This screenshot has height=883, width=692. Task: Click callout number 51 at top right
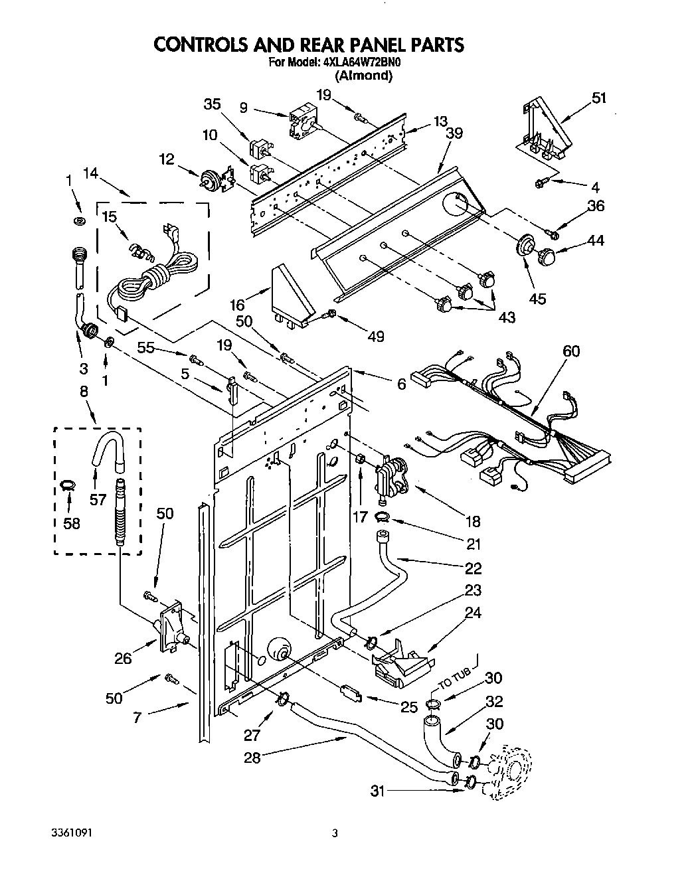coord(598,98)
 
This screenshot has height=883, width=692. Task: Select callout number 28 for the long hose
coord(252,757)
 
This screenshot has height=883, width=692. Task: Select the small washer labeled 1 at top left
coord(80,220)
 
